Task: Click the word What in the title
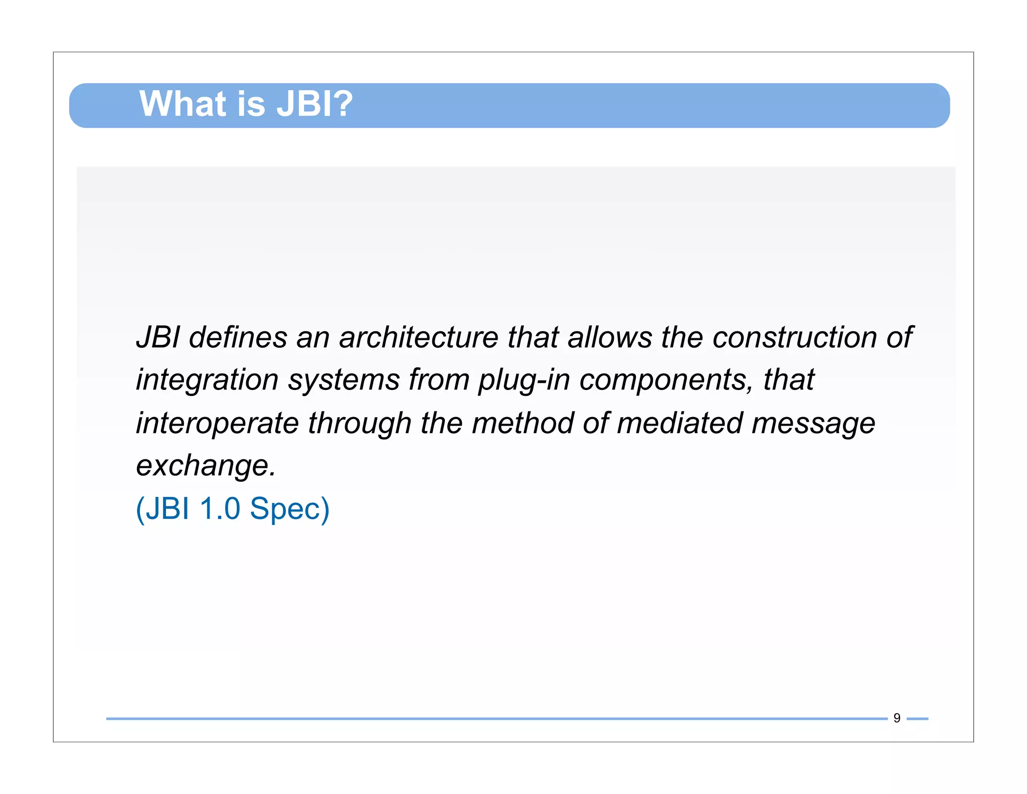point(182,104)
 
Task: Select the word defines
point(238,337)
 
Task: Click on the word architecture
point(418,337)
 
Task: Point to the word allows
point(609,337)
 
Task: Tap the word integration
point(207,380)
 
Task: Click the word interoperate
point(217,423)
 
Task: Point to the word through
point(359,423)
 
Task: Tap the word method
point(522,423)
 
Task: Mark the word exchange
point(205,466)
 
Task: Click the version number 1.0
point(220,508)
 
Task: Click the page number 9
point(897,718)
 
